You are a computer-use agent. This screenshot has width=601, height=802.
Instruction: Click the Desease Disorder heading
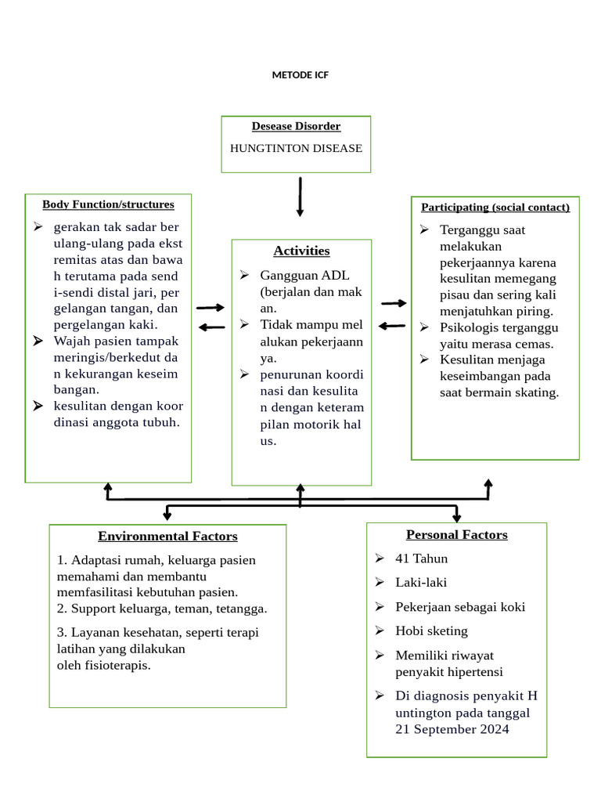(296, 126)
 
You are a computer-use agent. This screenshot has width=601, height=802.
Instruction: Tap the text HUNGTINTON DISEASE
(296, 148)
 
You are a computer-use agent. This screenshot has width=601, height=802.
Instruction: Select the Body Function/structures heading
(108, 204)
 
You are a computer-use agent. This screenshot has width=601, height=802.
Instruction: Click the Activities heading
(301, 251)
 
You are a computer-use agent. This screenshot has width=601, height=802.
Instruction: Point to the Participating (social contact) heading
(495, 208)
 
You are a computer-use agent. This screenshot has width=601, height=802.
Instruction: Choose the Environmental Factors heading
(167, 536)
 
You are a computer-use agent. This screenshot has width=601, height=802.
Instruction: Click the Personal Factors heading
(456, 535)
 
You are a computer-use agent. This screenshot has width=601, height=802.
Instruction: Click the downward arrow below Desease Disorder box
(300, 197)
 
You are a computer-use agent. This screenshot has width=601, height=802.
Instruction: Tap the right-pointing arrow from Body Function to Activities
(210, 309)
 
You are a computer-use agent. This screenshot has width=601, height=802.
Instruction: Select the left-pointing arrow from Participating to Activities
(392, 325)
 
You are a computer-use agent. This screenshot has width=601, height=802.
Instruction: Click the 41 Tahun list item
(421, 558)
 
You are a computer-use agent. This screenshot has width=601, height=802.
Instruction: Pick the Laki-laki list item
(421, 583)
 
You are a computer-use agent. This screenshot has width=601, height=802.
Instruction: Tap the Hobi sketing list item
(431, 630)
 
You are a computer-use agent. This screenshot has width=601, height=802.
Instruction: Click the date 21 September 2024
(452, 729)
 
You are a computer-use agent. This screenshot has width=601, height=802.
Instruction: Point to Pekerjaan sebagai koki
(460, 607)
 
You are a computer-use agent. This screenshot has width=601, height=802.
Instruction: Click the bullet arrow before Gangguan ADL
(244, 275)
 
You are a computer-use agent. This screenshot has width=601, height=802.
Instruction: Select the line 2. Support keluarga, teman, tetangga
(162, 609)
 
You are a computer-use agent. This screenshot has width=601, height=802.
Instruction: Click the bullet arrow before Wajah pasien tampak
(38, 341)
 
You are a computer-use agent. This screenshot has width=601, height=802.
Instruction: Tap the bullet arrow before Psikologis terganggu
(424, 327)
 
